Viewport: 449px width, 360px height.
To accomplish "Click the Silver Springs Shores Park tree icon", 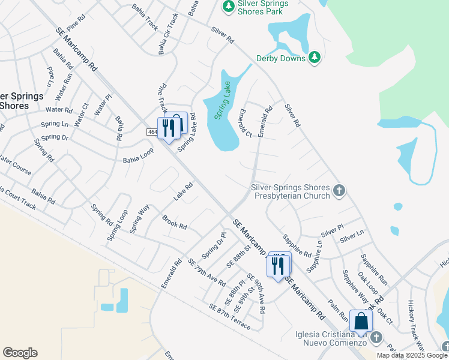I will coord(228,6).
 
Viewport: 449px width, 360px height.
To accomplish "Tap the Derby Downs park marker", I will coord(314,58).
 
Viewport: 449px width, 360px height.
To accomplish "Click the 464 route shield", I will coord(152,131).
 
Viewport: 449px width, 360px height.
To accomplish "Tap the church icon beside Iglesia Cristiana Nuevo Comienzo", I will coord(376,337).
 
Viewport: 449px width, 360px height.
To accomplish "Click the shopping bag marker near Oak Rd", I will coord(361,322).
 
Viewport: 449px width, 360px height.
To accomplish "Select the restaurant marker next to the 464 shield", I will coord(168,128).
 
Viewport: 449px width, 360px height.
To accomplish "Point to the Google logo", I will coord(20,353).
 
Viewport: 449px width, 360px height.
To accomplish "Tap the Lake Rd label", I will coord(183,191).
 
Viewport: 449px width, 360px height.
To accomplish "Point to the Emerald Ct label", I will coord(245,123).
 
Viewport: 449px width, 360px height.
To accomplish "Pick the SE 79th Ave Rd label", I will coord(206,272).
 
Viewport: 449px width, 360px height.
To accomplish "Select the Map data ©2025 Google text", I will coord(412,355).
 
